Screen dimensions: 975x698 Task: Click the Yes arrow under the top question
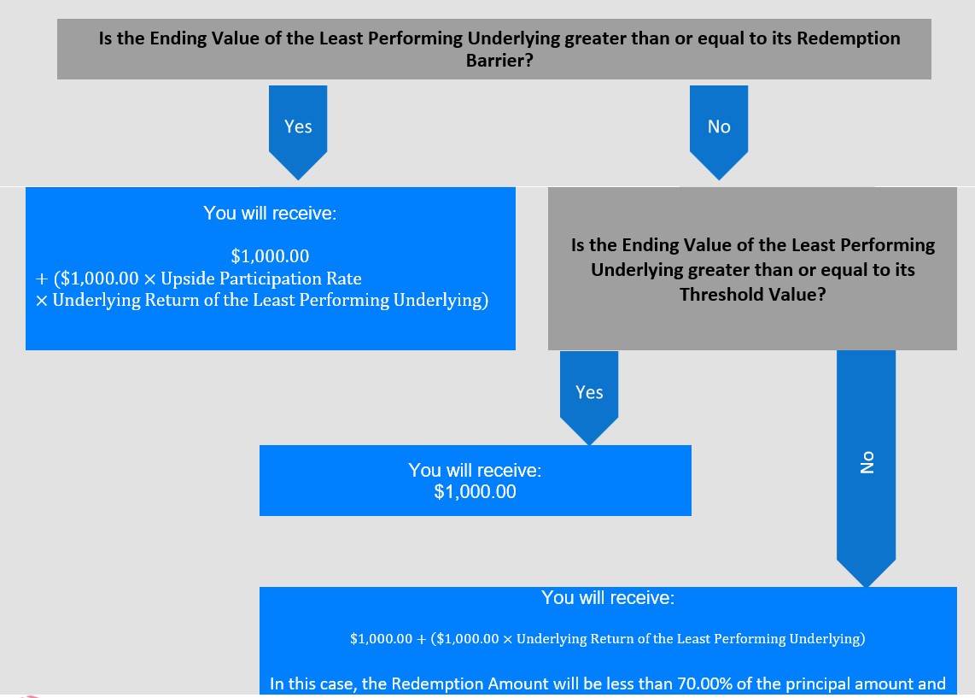298,132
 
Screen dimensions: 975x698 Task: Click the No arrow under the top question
719,132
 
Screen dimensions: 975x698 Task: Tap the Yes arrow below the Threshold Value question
589,397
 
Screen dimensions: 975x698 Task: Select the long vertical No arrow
867,468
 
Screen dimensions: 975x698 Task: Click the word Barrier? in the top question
499,61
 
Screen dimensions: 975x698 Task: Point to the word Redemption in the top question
848,38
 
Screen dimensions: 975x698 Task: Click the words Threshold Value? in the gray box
752,294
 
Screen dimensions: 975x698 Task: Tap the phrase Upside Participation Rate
261,279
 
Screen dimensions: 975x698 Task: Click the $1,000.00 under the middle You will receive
475,491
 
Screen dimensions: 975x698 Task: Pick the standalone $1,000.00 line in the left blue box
270,255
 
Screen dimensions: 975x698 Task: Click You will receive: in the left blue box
270,214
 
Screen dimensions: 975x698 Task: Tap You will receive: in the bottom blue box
608,598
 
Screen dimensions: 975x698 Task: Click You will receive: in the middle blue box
475,470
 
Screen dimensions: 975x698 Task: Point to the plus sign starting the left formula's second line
42,279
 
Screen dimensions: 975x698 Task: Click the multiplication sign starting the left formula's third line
42,301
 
